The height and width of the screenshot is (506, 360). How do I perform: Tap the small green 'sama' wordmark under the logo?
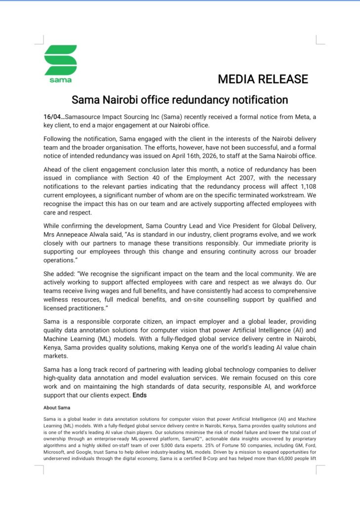pos(60,80)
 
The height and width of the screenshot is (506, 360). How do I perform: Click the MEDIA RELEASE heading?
pos(263,79)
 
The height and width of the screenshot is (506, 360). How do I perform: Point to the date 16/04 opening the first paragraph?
pos(51,117)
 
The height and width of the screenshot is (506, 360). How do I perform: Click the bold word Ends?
pos(139,395)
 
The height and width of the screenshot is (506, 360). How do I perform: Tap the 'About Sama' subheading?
pos(56,408)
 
